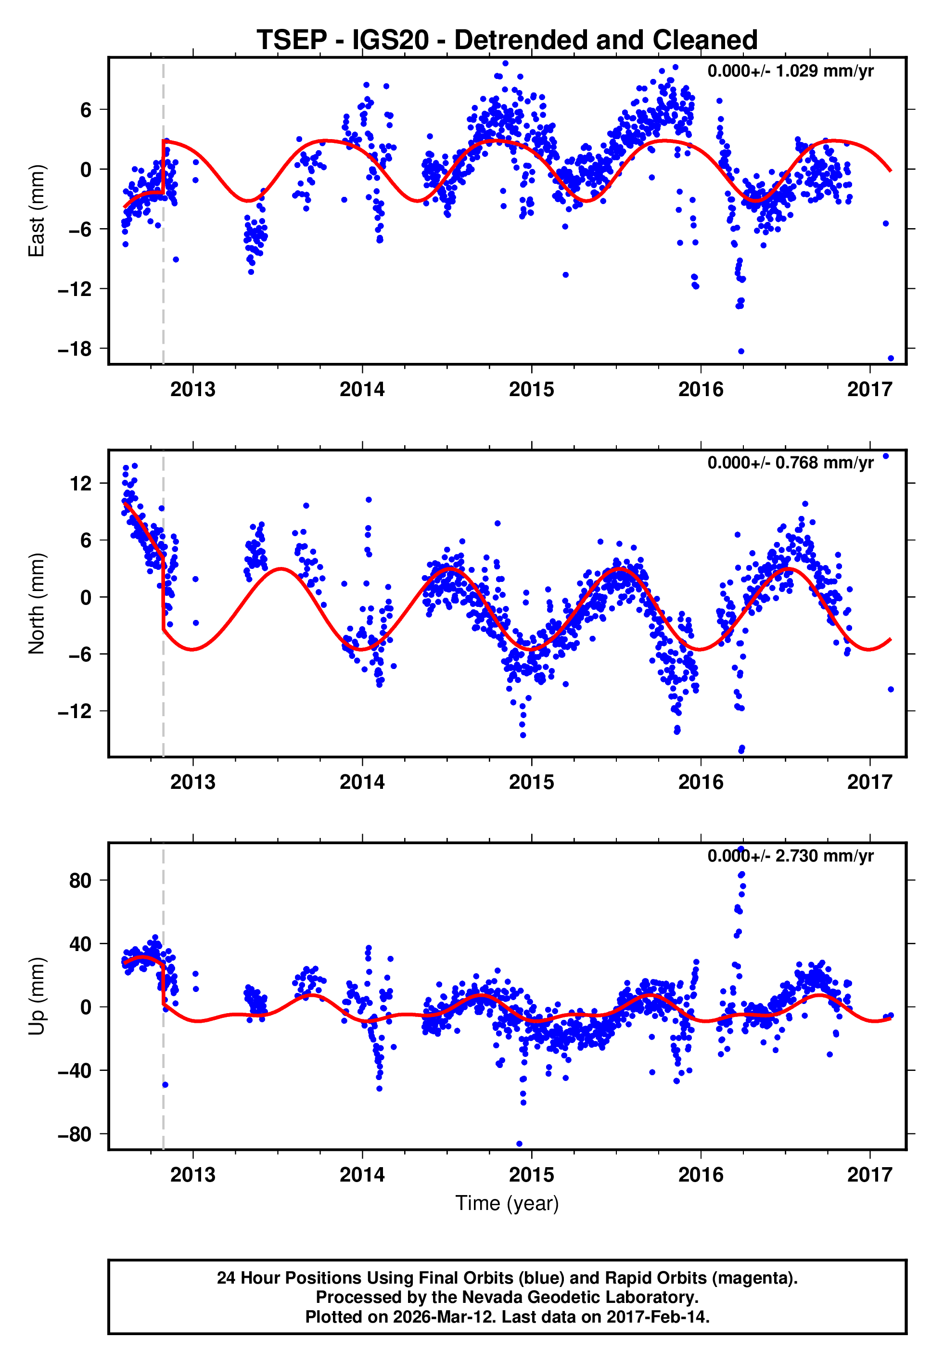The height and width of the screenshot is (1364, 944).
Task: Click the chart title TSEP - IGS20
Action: click(507, 40)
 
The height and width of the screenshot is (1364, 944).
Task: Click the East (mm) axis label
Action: click(37, 211)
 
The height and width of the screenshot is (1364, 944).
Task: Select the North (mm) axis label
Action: click(37, 604)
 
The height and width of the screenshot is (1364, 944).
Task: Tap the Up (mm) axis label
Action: click(37, 996)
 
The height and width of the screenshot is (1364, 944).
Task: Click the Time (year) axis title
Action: click(507, 1203)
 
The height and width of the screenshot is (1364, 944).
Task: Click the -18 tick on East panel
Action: click(75, 349)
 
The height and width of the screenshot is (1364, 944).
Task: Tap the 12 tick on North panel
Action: click(80, 483)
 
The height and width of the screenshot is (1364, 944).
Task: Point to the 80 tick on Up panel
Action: click(80, 881)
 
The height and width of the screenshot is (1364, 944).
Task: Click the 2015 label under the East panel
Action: click(531, 389)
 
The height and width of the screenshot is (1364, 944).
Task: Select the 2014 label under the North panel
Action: click(362, 782)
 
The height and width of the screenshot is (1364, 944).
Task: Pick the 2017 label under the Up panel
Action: click(869, 1174)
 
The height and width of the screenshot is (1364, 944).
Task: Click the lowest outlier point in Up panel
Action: click(519, 1144)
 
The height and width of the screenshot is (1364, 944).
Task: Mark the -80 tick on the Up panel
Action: click(75, 1134)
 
